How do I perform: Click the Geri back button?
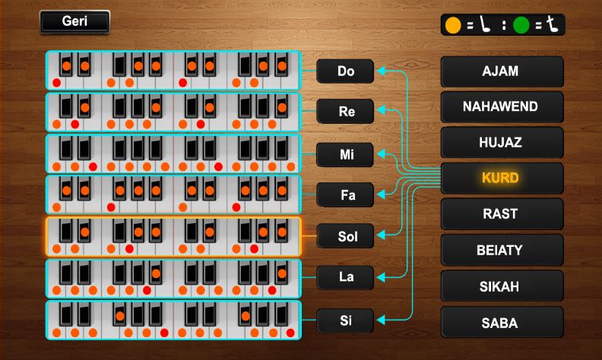[x=74, y=22]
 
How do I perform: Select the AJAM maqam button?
[x=502, y=71]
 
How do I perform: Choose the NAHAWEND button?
[x=502, y=107]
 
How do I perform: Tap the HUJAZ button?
[x=502, y=143]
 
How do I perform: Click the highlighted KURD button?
[x=502, y=178]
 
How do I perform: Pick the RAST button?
[x=502, y=214]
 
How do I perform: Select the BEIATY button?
[x=502, y=250]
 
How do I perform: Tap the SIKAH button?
[x=502, y=286]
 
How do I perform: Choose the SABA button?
[x=502, y=323]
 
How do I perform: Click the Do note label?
[x=346, y=71]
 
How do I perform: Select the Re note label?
[x=346, y=112]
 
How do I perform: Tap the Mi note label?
[x=346, y=154]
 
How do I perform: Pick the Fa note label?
[x=346, y=195]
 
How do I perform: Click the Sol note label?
[x=346, y=237]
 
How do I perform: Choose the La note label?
[x=346, y=277]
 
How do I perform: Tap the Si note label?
[x=346, y=320]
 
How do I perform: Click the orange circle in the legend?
[x=453, y=25]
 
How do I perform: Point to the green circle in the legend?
[x=521, y=25]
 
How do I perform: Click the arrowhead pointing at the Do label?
[x=381, y=71]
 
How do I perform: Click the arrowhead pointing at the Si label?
[x=381, y=320]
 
